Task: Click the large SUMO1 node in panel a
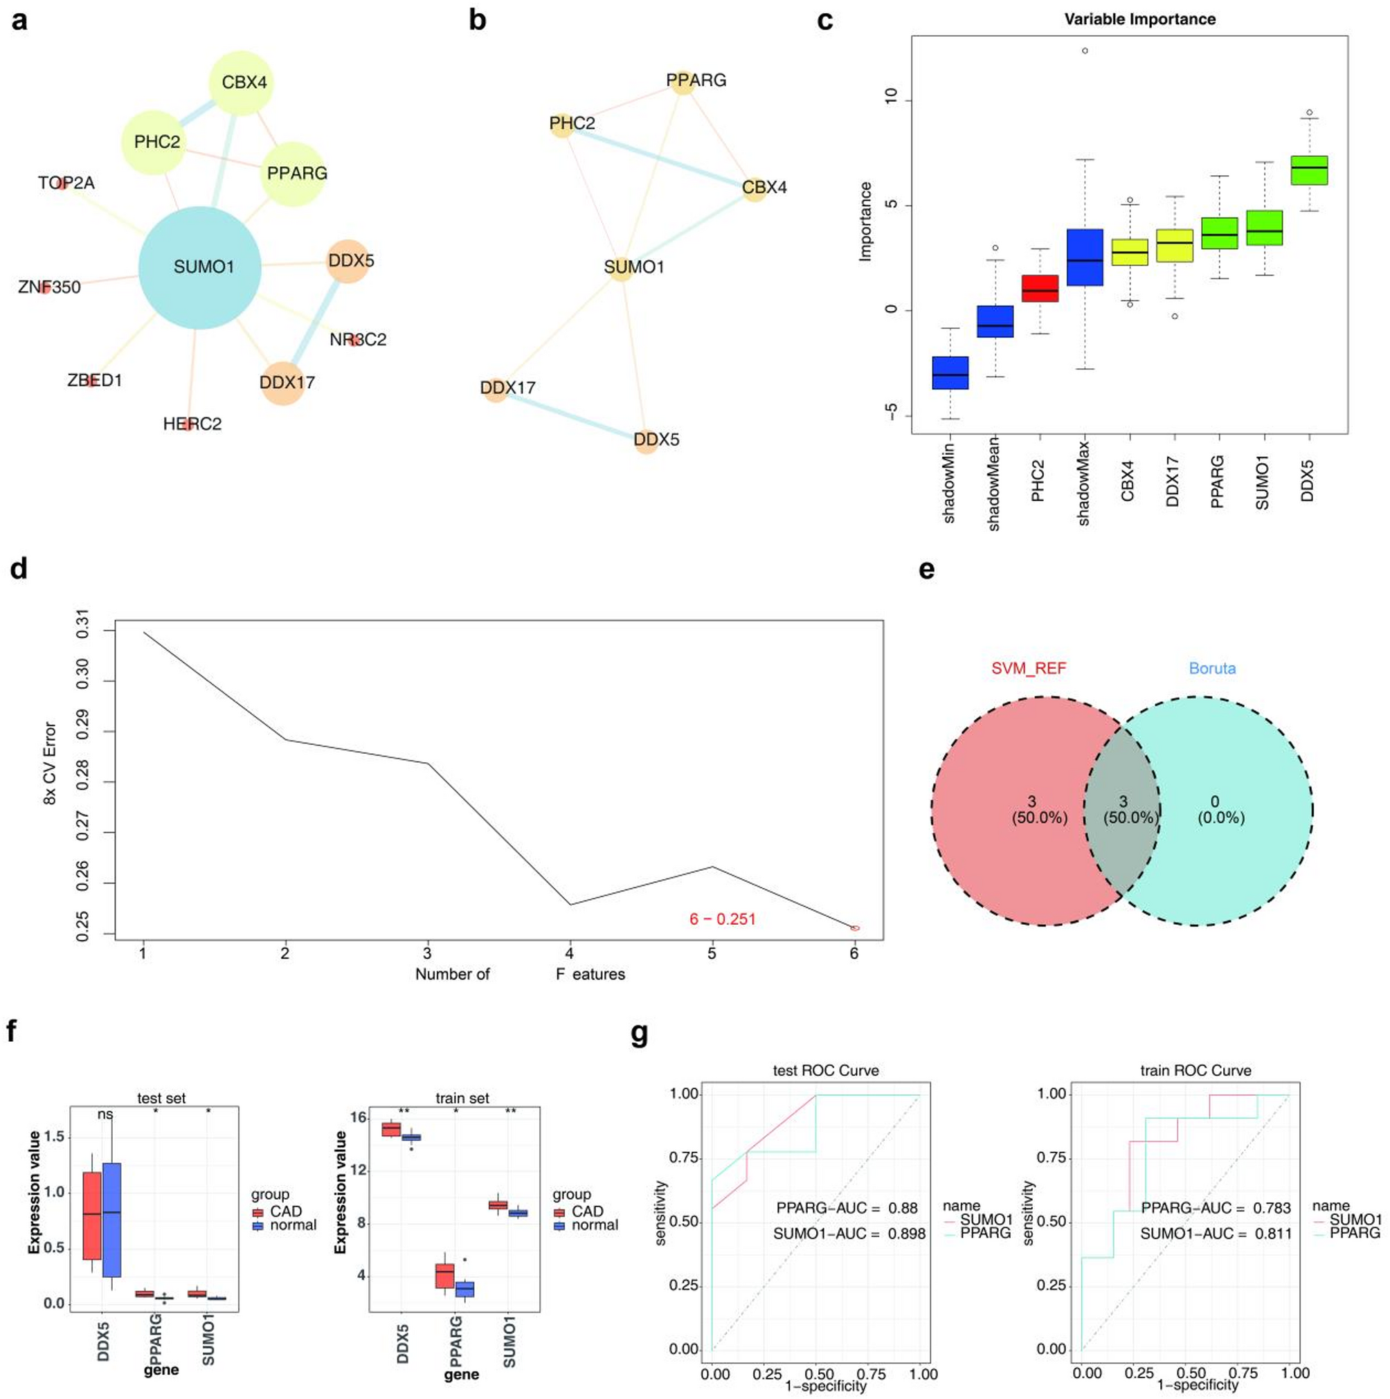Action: (x=200, y=267)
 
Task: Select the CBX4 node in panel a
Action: (x=241, y=82)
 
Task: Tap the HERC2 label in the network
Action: (x=192, y=424)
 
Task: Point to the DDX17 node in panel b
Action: (x=496, y=389)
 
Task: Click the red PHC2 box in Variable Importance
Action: (x=1040, y=288)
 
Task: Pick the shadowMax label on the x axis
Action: (x=1084, y=483)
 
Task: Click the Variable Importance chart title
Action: (x=1139, y=19)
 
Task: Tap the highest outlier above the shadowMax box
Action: (x=1085, y=51)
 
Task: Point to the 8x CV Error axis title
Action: (x=50, y=773)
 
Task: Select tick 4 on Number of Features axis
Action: (x=570, y=953)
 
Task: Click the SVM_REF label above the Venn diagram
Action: (x=1028, y=669)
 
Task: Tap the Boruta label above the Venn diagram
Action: (x=1212, y=669)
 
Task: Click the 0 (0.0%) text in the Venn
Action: (x=1220, y=810)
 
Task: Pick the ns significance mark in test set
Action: (x=106, y=1114)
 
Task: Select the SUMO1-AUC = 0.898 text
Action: (x=849, y=1234)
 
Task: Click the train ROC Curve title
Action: (x=1195, y=1070)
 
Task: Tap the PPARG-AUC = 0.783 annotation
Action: (x=1216, y=1208)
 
